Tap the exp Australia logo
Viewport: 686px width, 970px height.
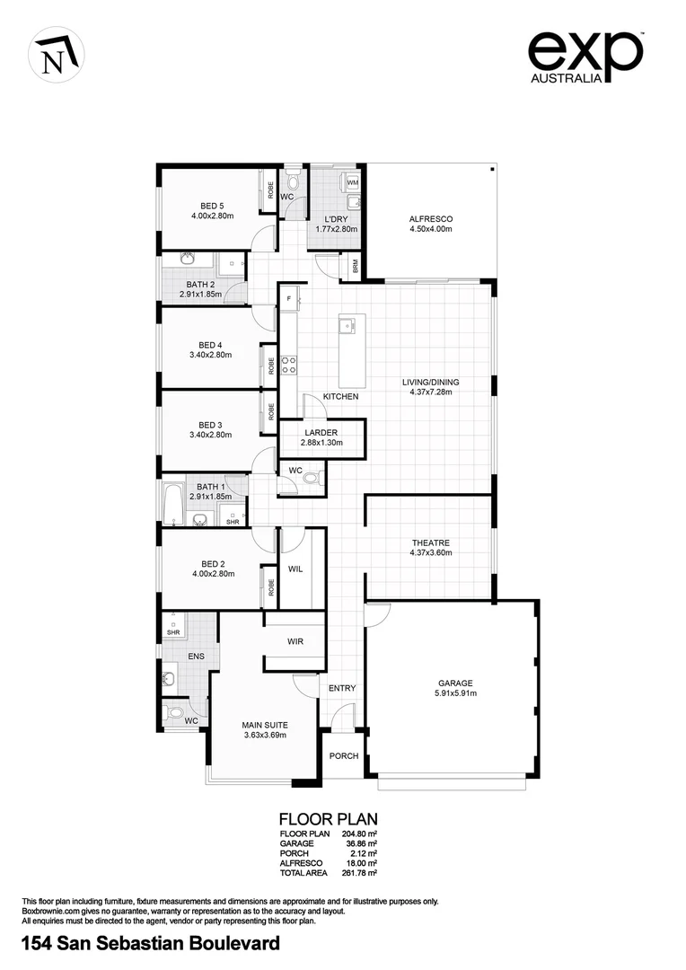coord(585,57)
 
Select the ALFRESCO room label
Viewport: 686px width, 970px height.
coord(431,219)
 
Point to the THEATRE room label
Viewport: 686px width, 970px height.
coord(430,542)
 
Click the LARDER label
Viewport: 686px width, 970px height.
coord(321,432)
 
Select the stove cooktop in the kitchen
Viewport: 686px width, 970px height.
coord(290,365)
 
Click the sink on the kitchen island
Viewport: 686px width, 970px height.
coord(347,323)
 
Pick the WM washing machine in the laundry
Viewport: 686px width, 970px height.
coord(353,182)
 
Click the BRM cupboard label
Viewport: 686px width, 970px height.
coord(356,267)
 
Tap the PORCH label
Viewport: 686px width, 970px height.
coord(344,755)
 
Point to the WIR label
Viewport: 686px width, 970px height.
coord(295,642)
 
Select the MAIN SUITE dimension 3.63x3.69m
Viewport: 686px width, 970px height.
coord(265,735)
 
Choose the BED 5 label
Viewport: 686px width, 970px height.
coord(212,206)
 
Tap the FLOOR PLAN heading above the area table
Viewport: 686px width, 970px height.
coord(328,819)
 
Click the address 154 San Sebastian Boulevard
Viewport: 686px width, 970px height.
coord(150,943)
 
